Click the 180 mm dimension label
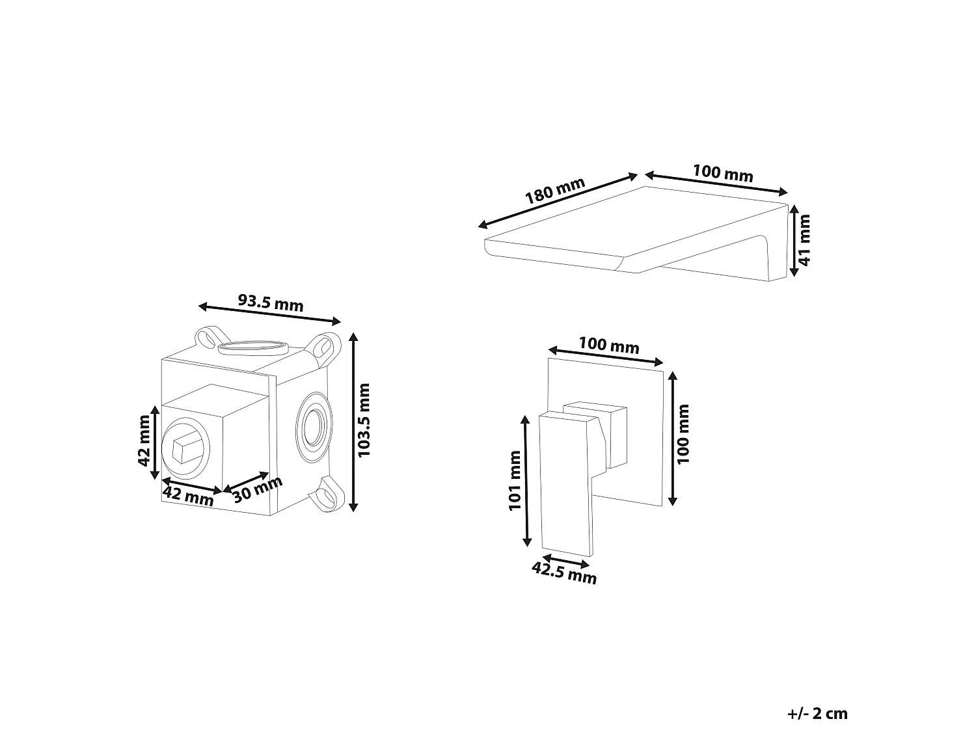555,191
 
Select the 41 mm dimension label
804,240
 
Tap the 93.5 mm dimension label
270,302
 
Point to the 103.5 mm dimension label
364,420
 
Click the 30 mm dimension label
258,489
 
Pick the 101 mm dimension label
515,480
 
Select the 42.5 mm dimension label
564,573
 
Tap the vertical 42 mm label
144,441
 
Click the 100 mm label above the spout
723,173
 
